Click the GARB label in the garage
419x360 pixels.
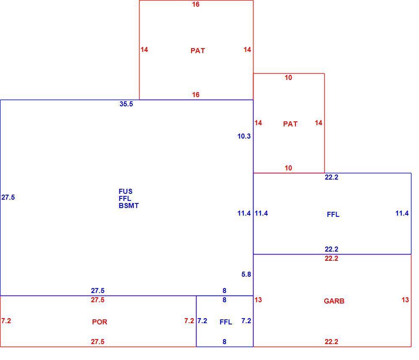point(334,301)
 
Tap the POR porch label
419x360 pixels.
point(100,322)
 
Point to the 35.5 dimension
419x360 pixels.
point(126,104)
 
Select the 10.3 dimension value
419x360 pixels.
point(244,136)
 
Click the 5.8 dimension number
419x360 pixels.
point(246,274)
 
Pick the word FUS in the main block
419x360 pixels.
point(125,191)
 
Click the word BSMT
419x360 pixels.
point(129,206)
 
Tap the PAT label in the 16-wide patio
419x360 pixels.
point(198,51)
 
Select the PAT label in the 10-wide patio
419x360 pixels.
point(290,124)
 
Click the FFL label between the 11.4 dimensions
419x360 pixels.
point(333,214)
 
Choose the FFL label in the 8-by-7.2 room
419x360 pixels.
point(226,322)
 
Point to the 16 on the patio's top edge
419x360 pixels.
point(196,4)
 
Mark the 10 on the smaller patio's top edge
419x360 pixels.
point(288,77)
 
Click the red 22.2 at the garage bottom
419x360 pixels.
point(331,342)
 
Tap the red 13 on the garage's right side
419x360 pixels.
point(405,300)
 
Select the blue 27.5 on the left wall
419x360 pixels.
point(8,197)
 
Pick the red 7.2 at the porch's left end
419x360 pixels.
point(6,321)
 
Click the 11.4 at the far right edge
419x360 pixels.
point(402,213)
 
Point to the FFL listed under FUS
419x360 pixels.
point(125,198)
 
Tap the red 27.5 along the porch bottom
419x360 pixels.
point(98,342)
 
